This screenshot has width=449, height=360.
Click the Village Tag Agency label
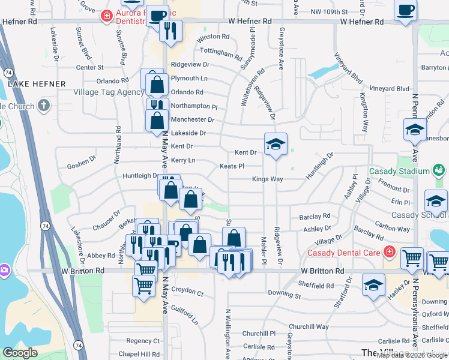(x=109, y=92)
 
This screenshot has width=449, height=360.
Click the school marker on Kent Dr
(x=276, y=144)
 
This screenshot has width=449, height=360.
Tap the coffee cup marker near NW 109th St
(x=405, y=10)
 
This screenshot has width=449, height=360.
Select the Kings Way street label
(x=267, y=179)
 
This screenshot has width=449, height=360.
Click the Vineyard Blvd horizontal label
(x=389, y=89)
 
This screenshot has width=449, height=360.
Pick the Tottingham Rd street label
(x=221, y=53)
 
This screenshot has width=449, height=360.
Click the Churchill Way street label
(x=312, y=326)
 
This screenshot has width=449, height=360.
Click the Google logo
(x=20, y=353)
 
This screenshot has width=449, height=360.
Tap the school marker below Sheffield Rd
(x=373, y=284)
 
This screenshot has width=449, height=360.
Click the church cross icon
(x=43, y=106)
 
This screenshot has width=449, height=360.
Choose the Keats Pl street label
(x=232, y=166)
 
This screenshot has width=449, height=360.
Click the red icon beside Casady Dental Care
(x=390, y=251)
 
